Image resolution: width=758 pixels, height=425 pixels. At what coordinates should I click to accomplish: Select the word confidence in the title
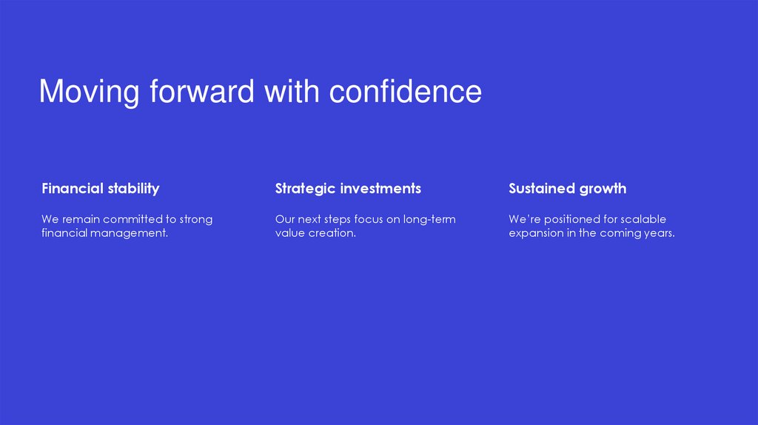(405, 92)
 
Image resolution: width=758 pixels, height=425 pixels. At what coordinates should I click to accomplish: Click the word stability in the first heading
(133, 189)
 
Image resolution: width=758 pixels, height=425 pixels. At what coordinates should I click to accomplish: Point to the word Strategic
(304, 189)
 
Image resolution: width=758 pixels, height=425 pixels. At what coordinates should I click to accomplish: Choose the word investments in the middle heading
(380, 189)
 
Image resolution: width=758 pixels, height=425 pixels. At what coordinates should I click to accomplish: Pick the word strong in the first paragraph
(195, 220)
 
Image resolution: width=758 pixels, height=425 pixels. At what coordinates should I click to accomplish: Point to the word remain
(79, 219)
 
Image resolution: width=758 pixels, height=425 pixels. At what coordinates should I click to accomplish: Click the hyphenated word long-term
(429, 219)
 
